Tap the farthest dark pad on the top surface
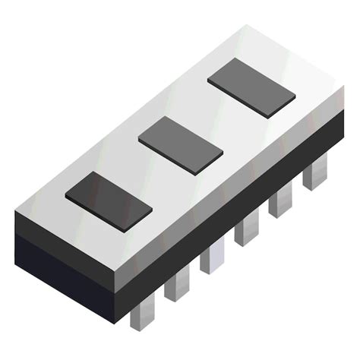click(x=251, y=87)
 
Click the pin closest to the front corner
click(x=142, y=310)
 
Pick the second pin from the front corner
click(x=176, y=284)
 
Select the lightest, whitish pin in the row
click(x=212, y=257)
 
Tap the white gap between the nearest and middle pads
click(x=144, y=173)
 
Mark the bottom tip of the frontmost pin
click(x=142, y=327)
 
